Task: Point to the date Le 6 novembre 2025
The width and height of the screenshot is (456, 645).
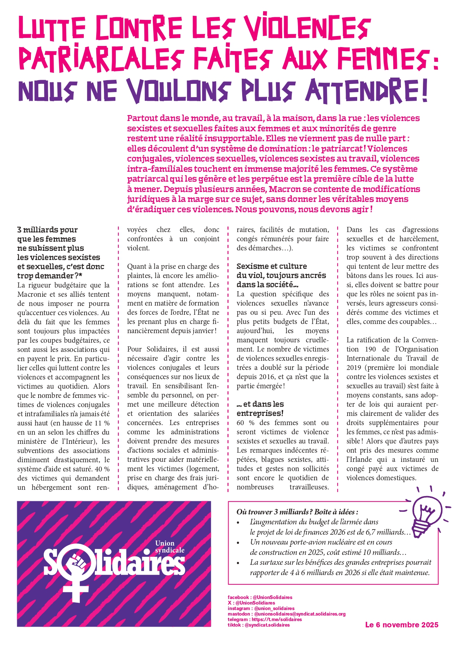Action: [x=402, y=625]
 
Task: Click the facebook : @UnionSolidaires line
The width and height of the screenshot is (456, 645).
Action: [x=260, y=597]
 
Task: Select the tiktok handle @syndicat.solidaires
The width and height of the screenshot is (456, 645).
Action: [x=267, y=625]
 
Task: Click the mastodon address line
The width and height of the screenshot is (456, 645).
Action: [x=287, y=614]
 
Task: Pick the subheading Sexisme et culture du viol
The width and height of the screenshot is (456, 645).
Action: [x=281, y=275]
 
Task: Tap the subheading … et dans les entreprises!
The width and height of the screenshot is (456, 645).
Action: [x=260, y=409]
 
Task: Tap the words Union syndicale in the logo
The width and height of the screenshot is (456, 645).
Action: [x=169, y=546]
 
